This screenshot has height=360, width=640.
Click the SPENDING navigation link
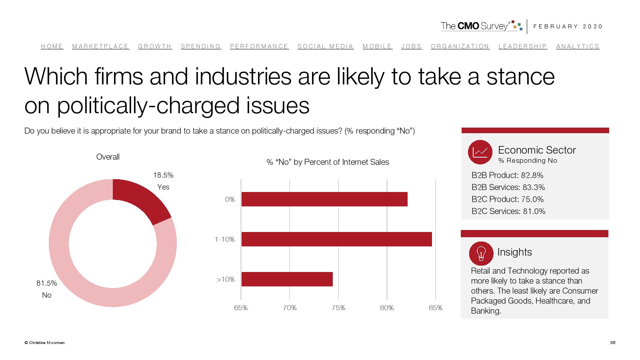[201, 46]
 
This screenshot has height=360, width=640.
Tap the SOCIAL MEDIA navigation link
[326, 46]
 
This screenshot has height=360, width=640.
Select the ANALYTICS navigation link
[578, 46]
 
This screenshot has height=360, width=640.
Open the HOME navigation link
[52, 46]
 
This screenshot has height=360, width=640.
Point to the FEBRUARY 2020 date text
[568, 26]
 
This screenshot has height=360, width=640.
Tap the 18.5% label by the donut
[163, 175]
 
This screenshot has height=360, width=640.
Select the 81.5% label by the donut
[47, 283]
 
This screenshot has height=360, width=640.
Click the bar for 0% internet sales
[324, 199]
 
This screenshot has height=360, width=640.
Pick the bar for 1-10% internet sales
[336, 239]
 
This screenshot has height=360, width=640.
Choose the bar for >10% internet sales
[287, 279]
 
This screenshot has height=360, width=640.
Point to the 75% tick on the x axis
[338, 308]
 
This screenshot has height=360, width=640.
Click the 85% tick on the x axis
[436, 308]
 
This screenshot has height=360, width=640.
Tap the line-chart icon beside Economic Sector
[480, 152]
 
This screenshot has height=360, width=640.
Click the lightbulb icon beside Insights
[481, 253]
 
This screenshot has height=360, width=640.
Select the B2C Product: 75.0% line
[507, 199]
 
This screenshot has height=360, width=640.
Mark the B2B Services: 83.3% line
[508, 187]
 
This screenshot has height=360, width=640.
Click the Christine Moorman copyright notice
[44, 342]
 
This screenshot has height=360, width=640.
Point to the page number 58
[612, 342]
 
